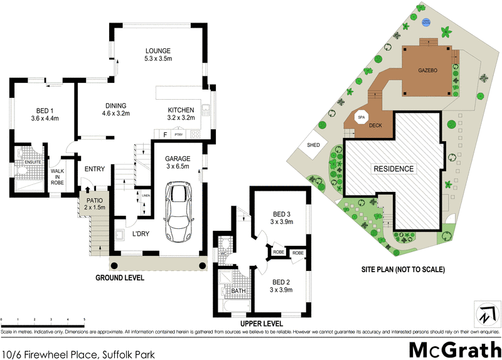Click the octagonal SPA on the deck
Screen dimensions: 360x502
click(x=361, y=117)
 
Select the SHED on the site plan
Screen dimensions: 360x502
click(x=314, y=145)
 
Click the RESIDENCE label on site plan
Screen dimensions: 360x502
click(x=393, y=169)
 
